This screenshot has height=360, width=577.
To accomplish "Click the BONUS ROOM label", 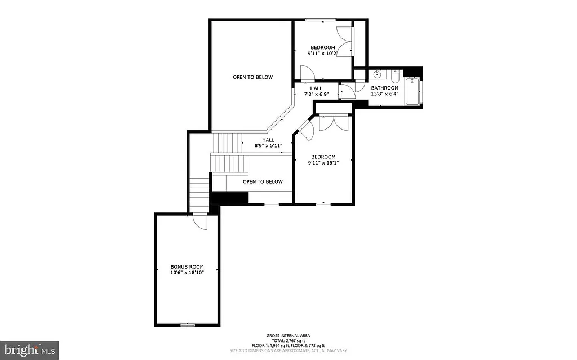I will [187, 266].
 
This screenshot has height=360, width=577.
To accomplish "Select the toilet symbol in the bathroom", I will [395, 75].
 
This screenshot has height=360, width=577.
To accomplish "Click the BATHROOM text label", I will [384, 88].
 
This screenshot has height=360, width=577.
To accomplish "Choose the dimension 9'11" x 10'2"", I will [322, 54].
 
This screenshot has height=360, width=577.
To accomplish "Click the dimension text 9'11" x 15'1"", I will [323, 163].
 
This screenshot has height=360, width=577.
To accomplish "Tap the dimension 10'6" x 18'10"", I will [187, 273].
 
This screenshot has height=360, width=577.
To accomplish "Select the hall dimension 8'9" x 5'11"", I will [268, 146].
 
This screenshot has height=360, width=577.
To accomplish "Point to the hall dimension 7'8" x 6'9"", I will [316, 94].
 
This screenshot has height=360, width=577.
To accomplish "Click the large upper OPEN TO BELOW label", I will [253, 77].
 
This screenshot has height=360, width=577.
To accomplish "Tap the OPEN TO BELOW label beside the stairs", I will [263, 181].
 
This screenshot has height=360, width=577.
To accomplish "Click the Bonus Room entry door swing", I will [198, 221].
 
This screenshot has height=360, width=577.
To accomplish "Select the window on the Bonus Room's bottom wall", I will [187, 325].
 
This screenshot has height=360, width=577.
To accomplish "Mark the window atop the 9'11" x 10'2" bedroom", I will [321, 20].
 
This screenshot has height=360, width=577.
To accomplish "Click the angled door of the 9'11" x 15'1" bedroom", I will [305, 129].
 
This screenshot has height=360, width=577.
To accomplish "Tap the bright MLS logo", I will [29, 349].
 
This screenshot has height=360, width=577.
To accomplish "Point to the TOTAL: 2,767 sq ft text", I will [288, 340].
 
